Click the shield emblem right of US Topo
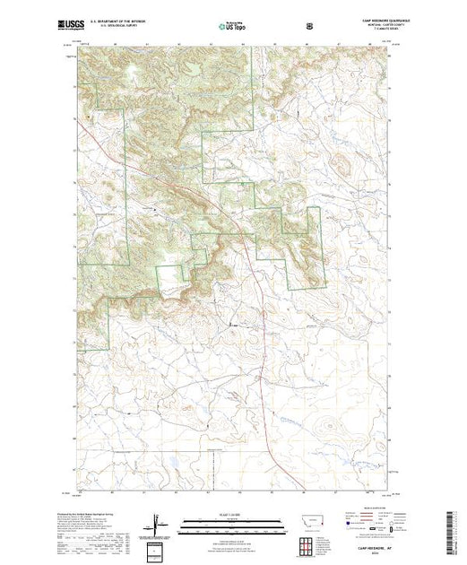(310, 26)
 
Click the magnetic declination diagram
(157, 523)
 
